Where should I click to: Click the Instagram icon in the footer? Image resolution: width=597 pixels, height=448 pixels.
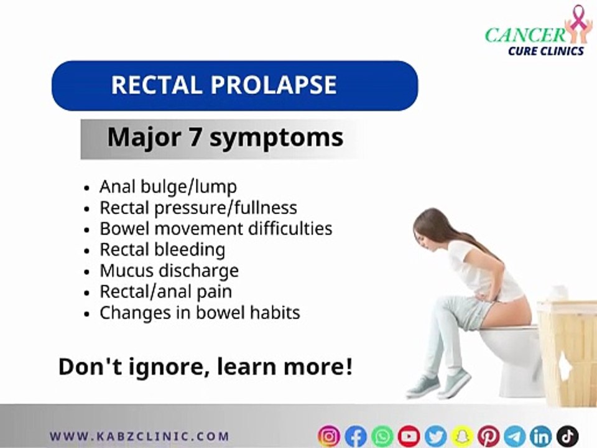tap(329, 436)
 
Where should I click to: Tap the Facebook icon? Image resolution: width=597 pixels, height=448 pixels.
tap(356, 436)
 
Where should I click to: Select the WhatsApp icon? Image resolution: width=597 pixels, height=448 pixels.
tap(382, 436)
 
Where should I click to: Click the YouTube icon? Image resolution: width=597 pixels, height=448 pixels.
tap(409, 436)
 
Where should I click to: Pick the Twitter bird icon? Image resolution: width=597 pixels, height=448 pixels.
tap(435, 436)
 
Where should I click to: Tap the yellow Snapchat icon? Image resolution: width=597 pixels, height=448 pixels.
tap(461, 436)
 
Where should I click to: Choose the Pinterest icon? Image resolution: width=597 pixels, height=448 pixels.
tap(488, 436)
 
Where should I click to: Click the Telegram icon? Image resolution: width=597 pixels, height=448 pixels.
tap(514, 436)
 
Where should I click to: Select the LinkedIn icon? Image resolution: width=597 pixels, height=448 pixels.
tap(541, 436)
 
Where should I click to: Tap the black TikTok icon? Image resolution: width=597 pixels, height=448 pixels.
tap(567, 436)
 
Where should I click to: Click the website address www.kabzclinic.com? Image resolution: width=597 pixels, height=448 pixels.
tap(139, 436)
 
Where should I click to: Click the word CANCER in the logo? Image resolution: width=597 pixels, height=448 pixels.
tap(525, 34)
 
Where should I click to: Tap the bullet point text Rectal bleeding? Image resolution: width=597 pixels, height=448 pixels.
tap(162, 250)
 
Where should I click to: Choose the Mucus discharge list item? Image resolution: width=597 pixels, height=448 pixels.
tap(169, 271)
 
